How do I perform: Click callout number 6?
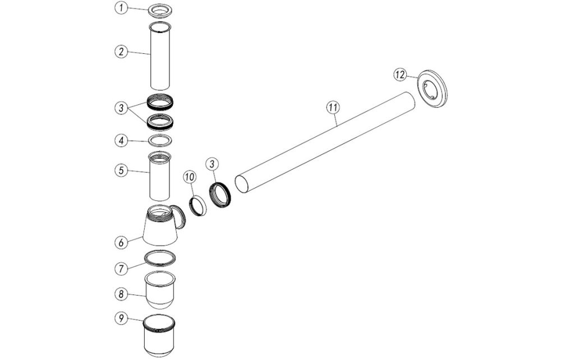120,242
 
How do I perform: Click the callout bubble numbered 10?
189,177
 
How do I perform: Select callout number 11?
332,105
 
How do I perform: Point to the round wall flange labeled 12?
434,89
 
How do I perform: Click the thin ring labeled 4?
160,139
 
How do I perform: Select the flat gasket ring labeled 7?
160,257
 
